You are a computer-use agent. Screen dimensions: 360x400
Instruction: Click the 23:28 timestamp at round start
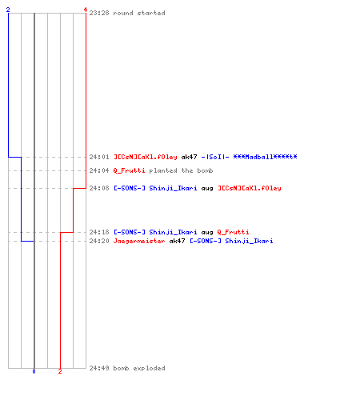(x=99, y=13)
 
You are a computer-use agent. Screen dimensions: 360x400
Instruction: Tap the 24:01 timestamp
(x=99, y=157)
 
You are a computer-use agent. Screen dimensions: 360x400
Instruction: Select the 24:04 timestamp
(x=99, y=170)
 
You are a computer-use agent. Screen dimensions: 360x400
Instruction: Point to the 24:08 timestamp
(x=99, y=188)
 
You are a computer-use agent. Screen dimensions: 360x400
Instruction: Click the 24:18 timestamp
(x=99, y=232)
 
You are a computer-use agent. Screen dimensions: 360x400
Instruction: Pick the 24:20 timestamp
(x=99, y=241)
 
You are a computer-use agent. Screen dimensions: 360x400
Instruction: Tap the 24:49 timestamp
(x=99, y=368)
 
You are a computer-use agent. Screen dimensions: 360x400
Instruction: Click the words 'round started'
(x=139, y=13)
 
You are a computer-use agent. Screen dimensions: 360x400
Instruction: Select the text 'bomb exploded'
(x=139, y=368)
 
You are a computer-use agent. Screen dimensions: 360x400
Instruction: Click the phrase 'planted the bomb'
(x=181, y=170)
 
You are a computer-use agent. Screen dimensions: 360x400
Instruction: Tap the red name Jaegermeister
(x=139, y=241)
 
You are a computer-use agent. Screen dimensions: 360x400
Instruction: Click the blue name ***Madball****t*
(x=265, y=157)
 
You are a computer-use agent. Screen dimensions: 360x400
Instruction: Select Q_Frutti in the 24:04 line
(x=130, y=170)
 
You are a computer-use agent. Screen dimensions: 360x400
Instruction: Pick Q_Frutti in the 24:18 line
(x=233, y=232)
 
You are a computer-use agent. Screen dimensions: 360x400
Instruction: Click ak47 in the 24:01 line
(x=190, y=157)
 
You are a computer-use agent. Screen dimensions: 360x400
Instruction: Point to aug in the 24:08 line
(x=207, y=189)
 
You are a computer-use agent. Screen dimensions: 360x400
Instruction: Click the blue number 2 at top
(x=8, y=10)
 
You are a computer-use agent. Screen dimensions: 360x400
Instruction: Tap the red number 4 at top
(x=86, y=10)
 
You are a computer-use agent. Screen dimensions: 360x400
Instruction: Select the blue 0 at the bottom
(x=34, y=371)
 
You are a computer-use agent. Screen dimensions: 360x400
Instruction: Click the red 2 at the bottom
(x=60, y=371)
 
